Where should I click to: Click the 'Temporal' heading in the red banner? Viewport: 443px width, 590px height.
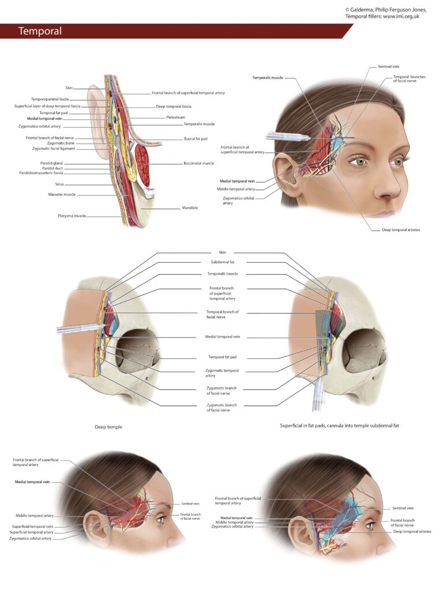tap(40, 31)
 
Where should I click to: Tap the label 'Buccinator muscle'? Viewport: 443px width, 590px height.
tap(198, 163)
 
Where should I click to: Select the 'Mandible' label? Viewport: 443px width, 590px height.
tap(190, 207)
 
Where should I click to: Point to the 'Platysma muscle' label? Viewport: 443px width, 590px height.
tap(72, 216)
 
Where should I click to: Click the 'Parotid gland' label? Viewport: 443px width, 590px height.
tap(51, 163)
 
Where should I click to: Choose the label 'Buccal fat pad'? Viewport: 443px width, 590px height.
tap(196, 139)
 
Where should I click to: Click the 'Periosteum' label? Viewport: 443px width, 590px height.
tap(175, 118)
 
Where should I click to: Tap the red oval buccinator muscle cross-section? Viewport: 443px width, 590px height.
tap(142, 160)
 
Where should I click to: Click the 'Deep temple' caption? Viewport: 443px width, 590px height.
tap(108, 427)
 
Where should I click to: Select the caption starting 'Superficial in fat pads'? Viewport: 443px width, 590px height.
tap(339, 426)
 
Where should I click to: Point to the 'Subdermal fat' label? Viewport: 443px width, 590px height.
tap(222, 262)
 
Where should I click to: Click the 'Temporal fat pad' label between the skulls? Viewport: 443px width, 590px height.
tap(222, 357)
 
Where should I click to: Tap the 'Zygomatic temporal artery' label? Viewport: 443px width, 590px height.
tap(222, 373)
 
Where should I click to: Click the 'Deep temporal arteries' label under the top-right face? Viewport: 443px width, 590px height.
tap(401, 230)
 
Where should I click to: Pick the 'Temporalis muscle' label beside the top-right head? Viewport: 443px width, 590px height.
tap(268, 78)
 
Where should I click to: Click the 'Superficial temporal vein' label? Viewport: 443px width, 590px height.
tap(32, 527)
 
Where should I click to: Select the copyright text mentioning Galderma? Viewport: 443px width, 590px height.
tap(386, 13)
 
